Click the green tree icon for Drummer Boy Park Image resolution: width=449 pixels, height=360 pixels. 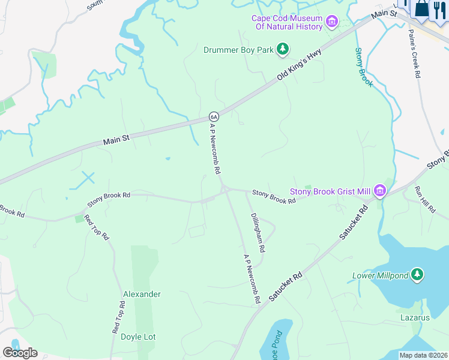[x=283, y=50]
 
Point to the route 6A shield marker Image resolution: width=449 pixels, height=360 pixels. [x=213, y=116]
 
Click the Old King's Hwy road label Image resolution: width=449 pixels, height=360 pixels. [x=300, y=65]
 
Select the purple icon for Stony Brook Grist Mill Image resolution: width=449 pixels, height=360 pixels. [x=379, y=191]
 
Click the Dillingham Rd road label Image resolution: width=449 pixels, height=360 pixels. [x=258, y=232]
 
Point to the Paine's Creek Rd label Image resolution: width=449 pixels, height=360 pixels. [x=414, y=54]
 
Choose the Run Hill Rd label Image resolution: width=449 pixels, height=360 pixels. [x=424, y=199]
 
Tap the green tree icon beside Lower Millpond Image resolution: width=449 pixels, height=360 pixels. [x=418, y=275]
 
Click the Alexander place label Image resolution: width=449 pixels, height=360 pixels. [x=142, y=294]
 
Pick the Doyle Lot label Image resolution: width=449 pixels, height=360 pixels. [x=138, y=337]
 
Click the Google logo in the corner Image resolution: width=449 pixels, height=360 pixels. [x=20, y=352]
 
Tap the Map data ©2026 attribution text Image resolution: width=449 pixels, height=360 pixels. [x=423, y=355]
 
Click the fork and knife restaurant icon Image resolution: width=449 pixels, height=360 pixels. [x=441, y=9]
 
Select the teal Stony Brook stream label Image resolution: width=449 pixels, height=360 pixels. [x=364, y=67]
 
